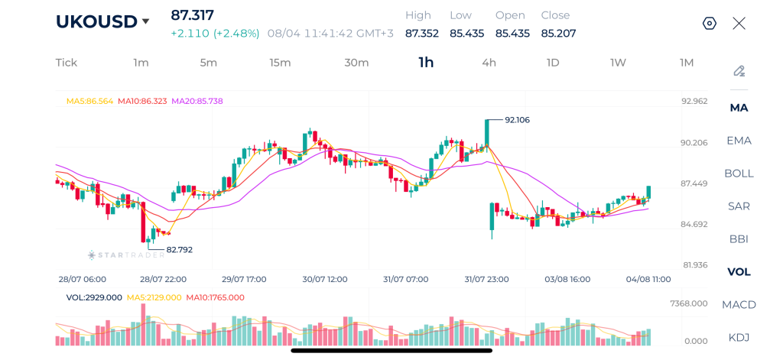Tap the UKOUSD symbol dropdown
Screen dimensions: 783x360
102,21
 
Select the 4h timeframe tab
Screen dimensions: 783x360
489,63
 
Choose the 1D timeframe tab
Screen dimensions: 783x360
552,63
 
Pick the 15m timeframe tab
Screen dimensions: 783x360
280,63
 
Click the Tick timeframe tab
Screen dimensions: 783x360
67,63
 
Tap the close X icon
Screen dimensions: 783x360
739,24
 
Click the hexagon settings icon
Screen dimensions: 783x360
710,24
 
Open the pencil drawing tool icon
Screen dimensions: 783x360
739,71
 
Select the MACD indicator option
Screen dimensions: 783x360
739,304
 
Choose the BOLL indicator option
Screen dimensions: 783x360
739,174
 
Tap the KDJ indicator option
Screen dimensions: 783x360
739,338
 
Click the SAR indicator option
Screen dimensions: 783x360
739,206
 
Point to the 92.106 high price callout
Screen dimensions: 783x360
518,120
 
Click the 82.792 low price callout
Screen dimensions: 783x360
179,250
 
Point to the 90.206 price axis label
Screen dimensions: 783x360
694,143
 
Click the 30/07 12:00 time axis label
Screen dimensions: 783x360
325,279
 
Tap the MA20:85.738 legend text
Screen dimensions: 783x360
197,101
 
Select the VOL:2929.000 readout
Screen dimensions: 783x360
94,297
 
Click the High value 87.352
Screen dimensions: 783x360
422,34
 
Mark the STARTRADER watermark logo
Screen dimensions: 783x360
126,255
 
